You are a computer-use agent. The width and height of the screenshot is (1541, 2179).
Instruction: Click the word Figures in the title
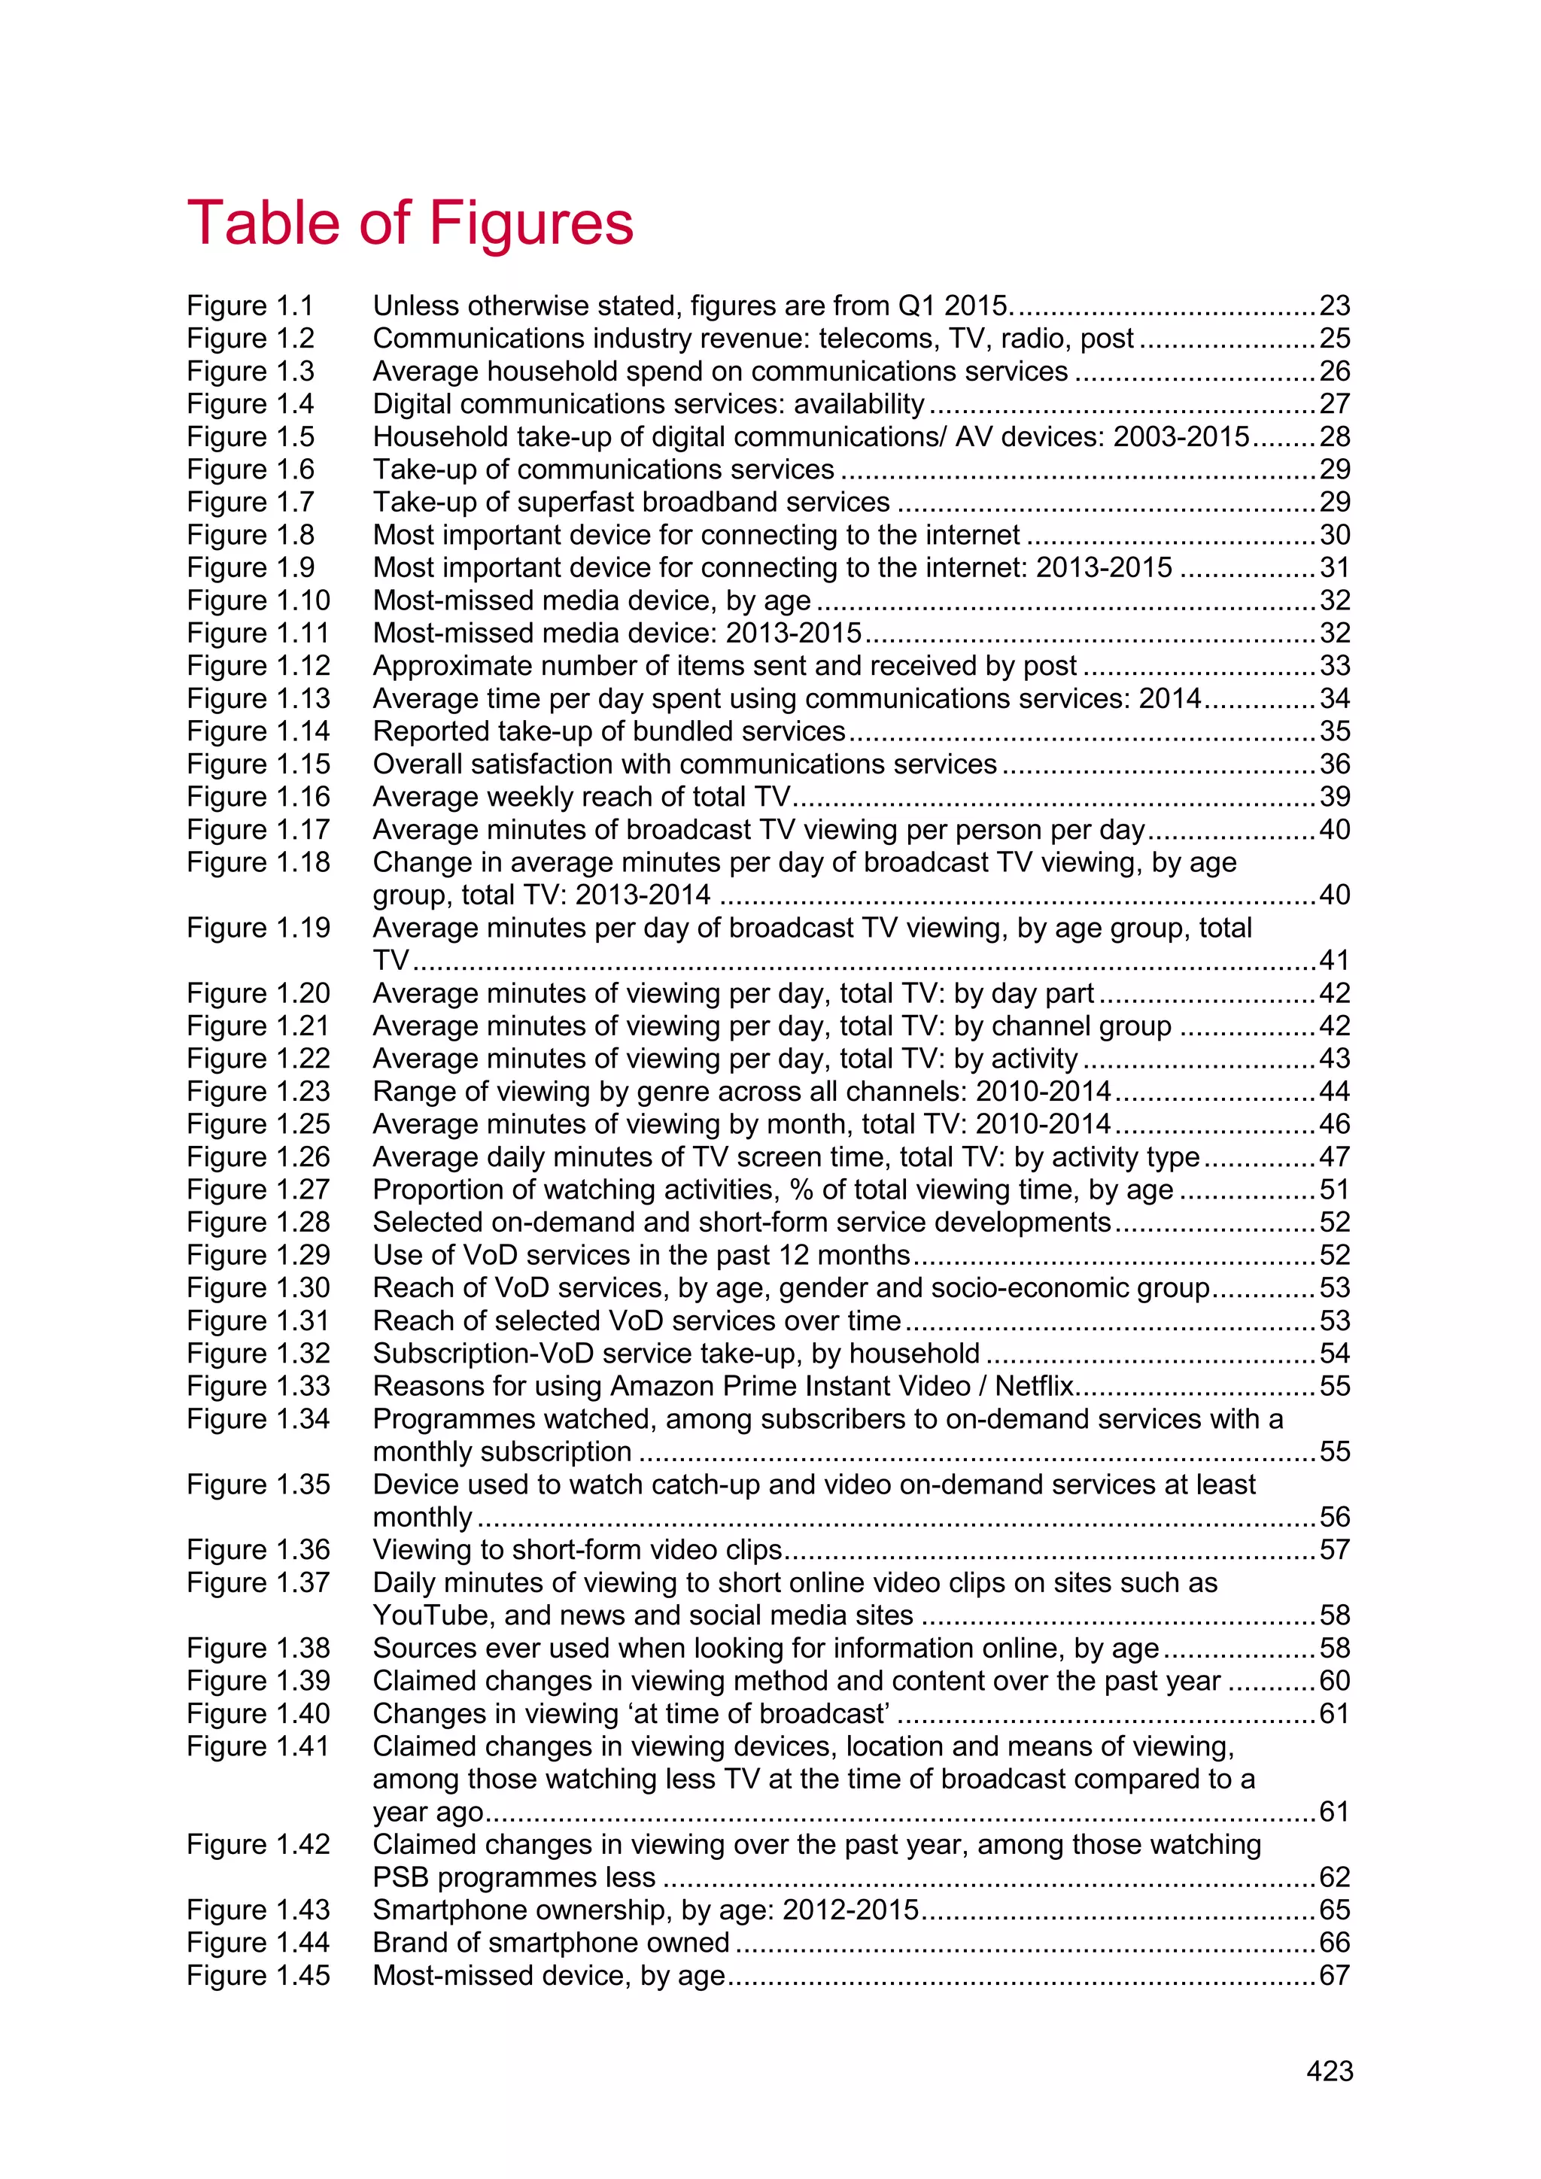tap(531, 224)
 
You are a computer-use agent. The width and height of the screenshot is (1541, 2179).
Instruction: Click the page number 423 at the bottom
tap(1330, 2071)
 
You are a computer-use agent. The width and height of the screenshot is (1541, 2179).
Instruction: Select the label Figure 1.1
tap(250, 305)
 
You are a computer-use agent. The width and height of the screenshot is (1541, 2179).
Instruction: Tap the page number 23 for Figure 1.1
tap(1334, 305)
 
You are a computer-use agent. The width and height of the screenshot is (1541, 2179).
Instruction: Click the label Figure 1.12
tap(258, 665)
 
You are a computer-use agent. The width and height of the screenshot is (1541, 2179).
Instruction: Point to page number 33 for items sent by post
tap(1334, 665)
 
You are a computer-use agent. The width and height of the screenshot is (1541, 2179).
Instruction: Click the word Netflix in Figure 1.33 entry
tap(1035, 1386)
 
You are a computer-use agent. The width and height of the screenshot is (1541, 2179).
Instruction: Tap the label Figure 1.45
tap(258, 1975)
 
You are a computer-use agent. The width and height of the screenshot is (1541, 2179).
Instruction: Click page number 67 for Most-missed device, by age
tap(1334, 1975)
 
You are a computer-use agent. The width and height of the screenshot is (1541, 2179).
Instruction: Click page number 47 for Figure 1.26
tap(1334, 1157)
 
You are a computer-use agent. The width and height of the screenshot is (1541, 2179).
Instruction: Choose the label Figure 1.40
tap(258, 1713)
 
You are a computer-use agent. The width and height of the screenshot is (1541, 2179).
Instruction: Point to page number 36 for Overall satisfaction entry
tap(1334, 764)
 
